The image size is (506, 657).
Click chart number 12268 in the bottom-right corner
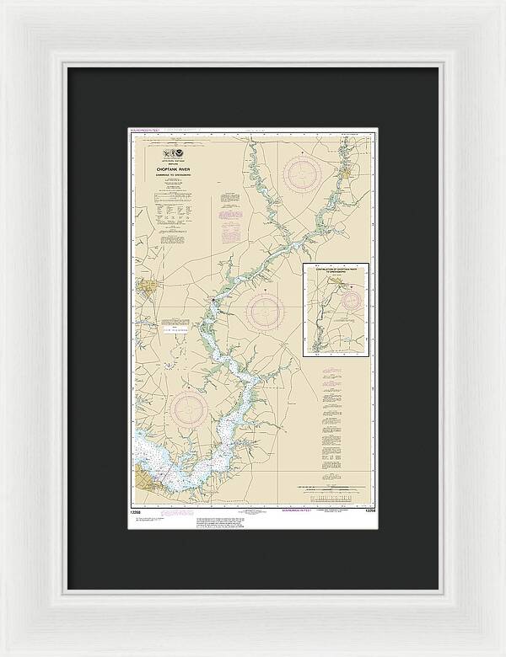[x=364, y=512]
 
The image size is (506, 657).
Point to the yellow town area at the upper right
[x=346, y=174]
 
